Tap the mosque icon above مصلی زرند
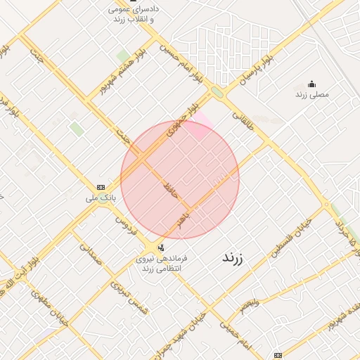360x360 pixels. click(312, 84)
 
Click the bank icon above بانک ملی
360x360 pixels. click(101, 187)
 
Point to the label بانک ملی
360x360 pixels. click(101, 198)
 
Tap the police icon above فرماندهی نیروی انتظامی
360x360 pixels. click(162, 247)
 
